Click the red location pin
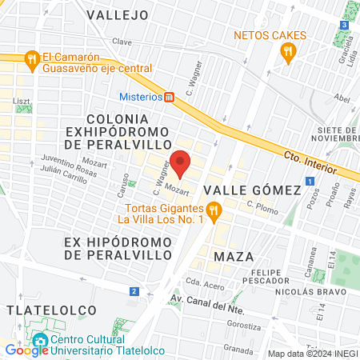point(180,163)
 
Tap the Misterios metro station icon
point(169,98)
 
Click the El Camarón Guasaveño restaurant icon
point(31,58)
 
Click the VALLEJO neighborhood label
point(118,14)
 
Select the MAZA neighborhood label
point(234,256)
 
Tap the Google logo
point(26,350)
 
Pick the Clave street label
point(122,42)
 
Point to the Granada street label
point(238,350)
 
